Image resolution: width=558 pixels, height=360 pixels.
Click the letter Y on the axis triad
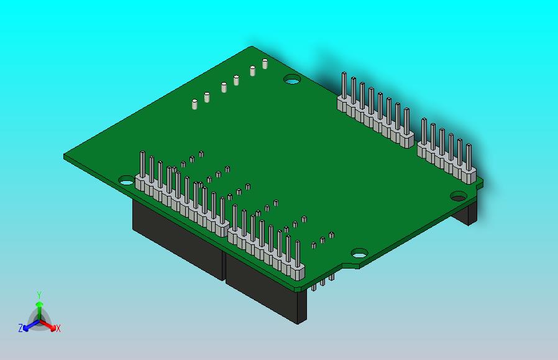[x=39, y=295]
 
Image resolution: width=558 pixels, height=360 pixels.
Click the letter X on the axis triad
[x=58, y=328]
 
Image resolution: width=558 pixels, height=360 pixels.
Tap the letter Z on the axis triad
[x=21, y=328]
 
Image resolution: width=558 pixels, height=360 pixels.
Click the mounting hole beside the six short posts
[x=292, y=80]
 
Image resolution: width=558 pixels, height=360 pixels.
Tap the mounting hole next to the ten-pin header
[x=126, y=182]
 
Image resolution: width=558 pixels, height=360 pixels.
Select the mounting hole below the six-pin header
[x=459, y=197]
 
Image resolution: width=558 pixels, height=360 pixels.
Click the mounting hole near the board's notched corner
[x=359, y=253]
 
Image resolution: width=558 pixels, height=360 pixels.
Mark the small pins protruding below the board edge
[x=323, y=284]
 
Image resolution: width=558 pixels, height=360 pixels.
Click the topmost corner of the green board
[x=252, y=47]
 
